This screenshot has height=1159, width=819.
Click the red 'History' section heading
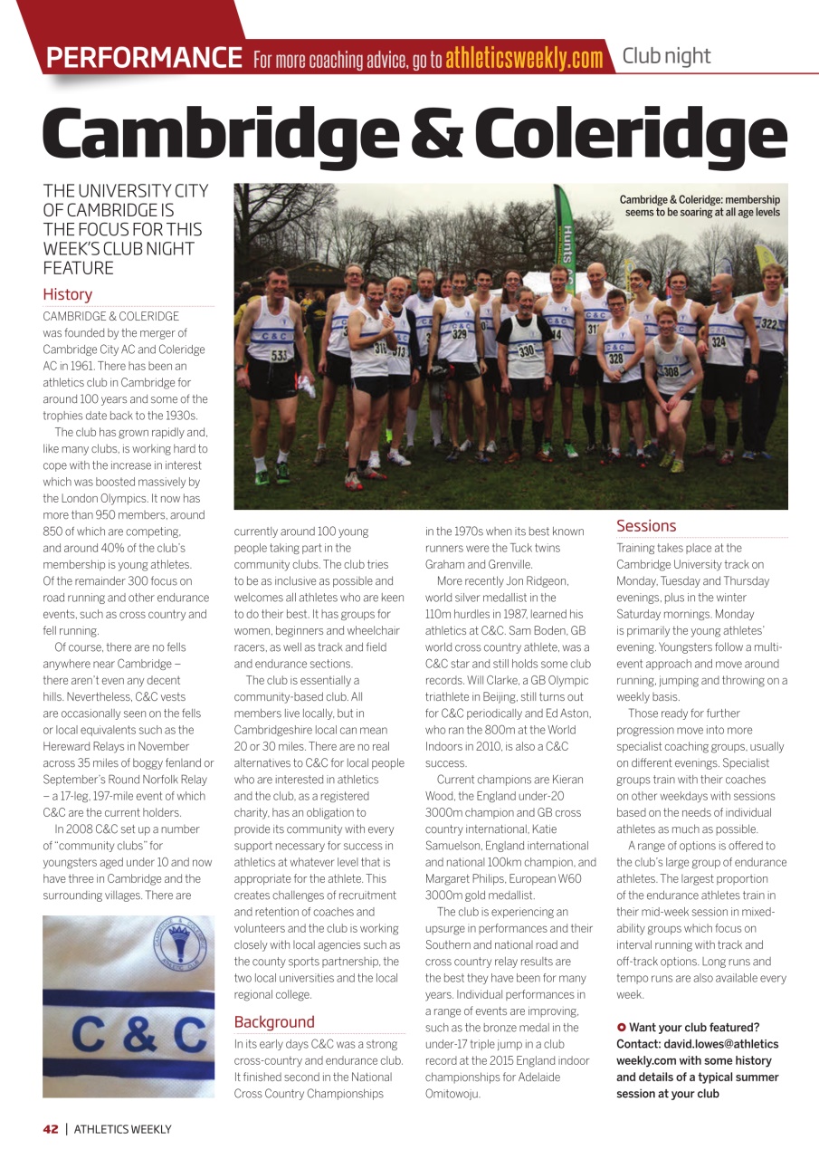67,294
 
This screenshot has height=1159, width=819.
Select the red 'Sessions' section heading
646,526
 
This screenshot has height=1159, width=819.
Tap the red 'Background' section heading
274,1022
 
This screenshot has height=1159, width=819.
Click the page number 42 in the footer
51,1129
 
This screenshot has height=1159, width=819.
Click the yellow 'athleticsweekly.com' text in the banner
523,59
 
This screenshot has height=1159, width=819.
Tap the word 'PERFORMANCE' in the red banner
144,58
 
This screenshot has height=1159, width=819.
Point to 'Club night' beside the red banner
666,56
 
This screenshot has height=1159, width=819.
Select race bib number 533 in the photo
280,356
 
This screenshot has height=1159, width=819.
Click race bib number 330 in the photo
526,350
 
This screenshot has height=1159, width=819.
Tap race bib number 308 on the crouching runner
671,371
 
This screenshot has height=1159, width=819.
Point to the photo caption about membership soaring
699,206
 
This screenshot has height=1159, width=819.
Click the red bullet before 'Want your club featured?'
621,1028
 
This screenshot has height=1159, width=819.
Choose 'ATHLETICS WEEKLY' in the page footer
122,1129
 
